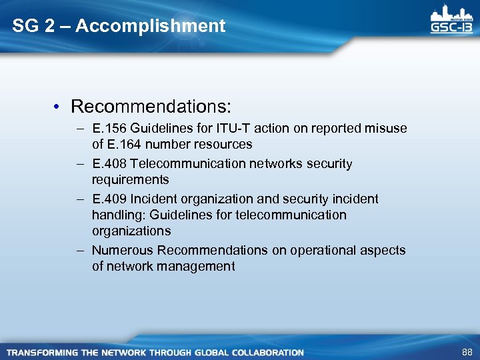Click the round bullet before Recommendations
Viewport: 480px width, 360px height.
click(x=59, y=107)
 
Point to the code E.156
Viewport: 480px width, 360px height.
click(x=107, y=128)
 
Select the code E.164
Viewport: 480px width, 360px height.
click(x=121, y=144)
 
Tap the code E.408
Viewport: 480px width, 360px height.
click(x=108, y=163)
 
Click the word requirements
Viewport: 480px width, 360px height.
click(x=130, y=179)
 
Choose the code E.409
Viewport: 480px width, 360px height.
click(x=108, y=199)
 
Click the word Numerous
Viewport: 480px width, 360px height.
click(x=122, y=250)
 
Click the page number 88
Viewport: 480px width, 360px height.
click(x=466, y=351)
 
